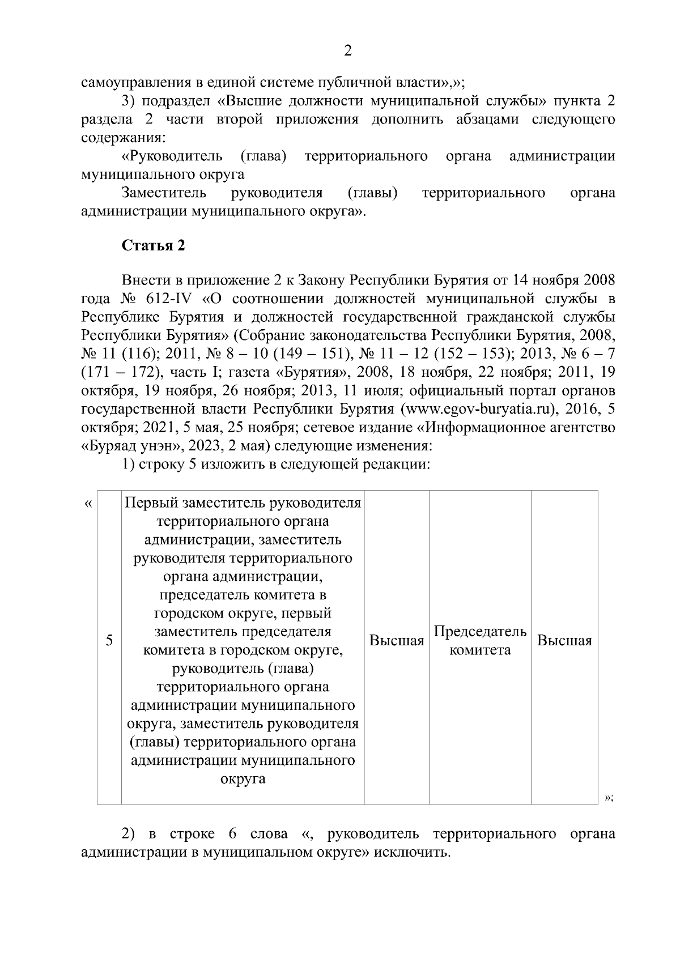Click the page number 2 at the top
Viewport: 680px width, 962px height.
coord(348,51)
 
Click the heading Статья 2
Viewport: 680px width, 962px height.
coord(153,246)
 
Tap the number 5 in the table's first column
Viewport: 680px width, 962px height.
coord(109,641)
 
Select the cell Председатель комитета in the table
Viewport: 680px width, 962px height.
coord(479,641)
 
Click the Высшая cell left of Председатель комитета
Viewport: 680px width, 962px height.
coord(397,641)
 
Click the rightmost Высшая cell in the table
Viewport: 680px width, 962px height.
coord(564,641)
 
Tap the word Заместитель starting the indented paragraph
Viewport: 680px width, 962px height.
coord(164,193)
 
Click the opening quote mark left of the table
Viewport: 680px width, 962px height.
coord(87,503)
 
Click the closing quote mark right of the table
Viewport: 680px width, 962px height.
coord(609,798)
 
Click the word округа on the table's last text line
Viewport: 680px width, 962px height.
coord(243,779)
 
